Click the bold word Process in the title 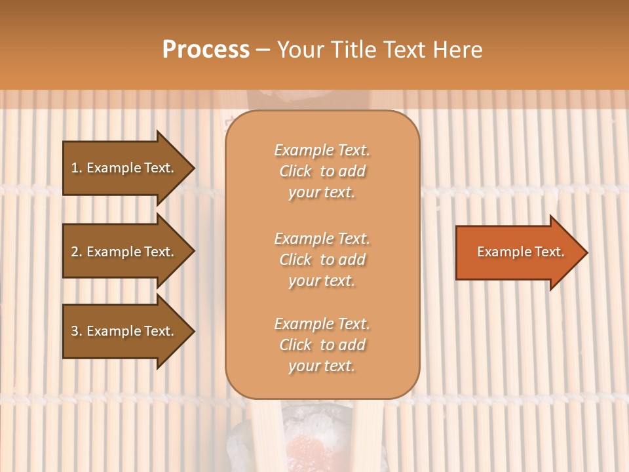click(206, 50)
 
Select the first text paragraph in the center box click(322, 171)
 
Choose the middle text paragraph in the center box click(322, 259)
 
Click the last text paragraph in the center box click(322, 345)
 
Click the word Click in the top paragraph click(295, 171)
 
